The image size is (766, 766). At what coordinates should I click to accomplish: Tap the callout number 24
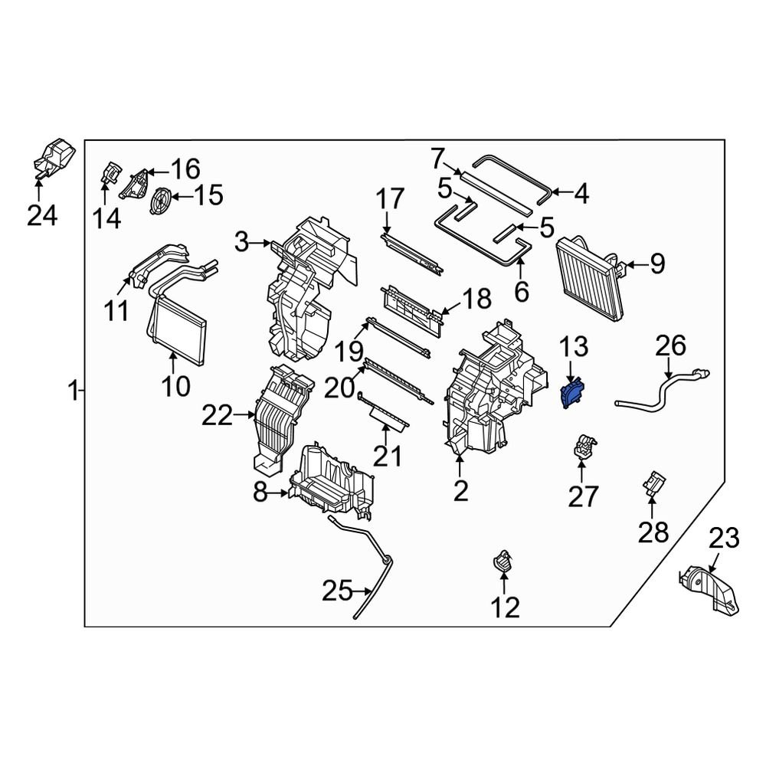pyautogui.click(x=42, y=215)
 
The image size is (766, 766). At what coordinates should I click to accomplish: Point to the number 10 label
pyautogui.click(x=176, y=386)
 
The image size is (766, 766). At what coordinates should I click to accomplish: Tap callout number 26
pyautogui.click(x=671, y=345)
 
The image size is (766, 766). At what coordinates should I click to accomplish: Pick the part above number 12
pyautogui.click(x=503, y=560)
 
